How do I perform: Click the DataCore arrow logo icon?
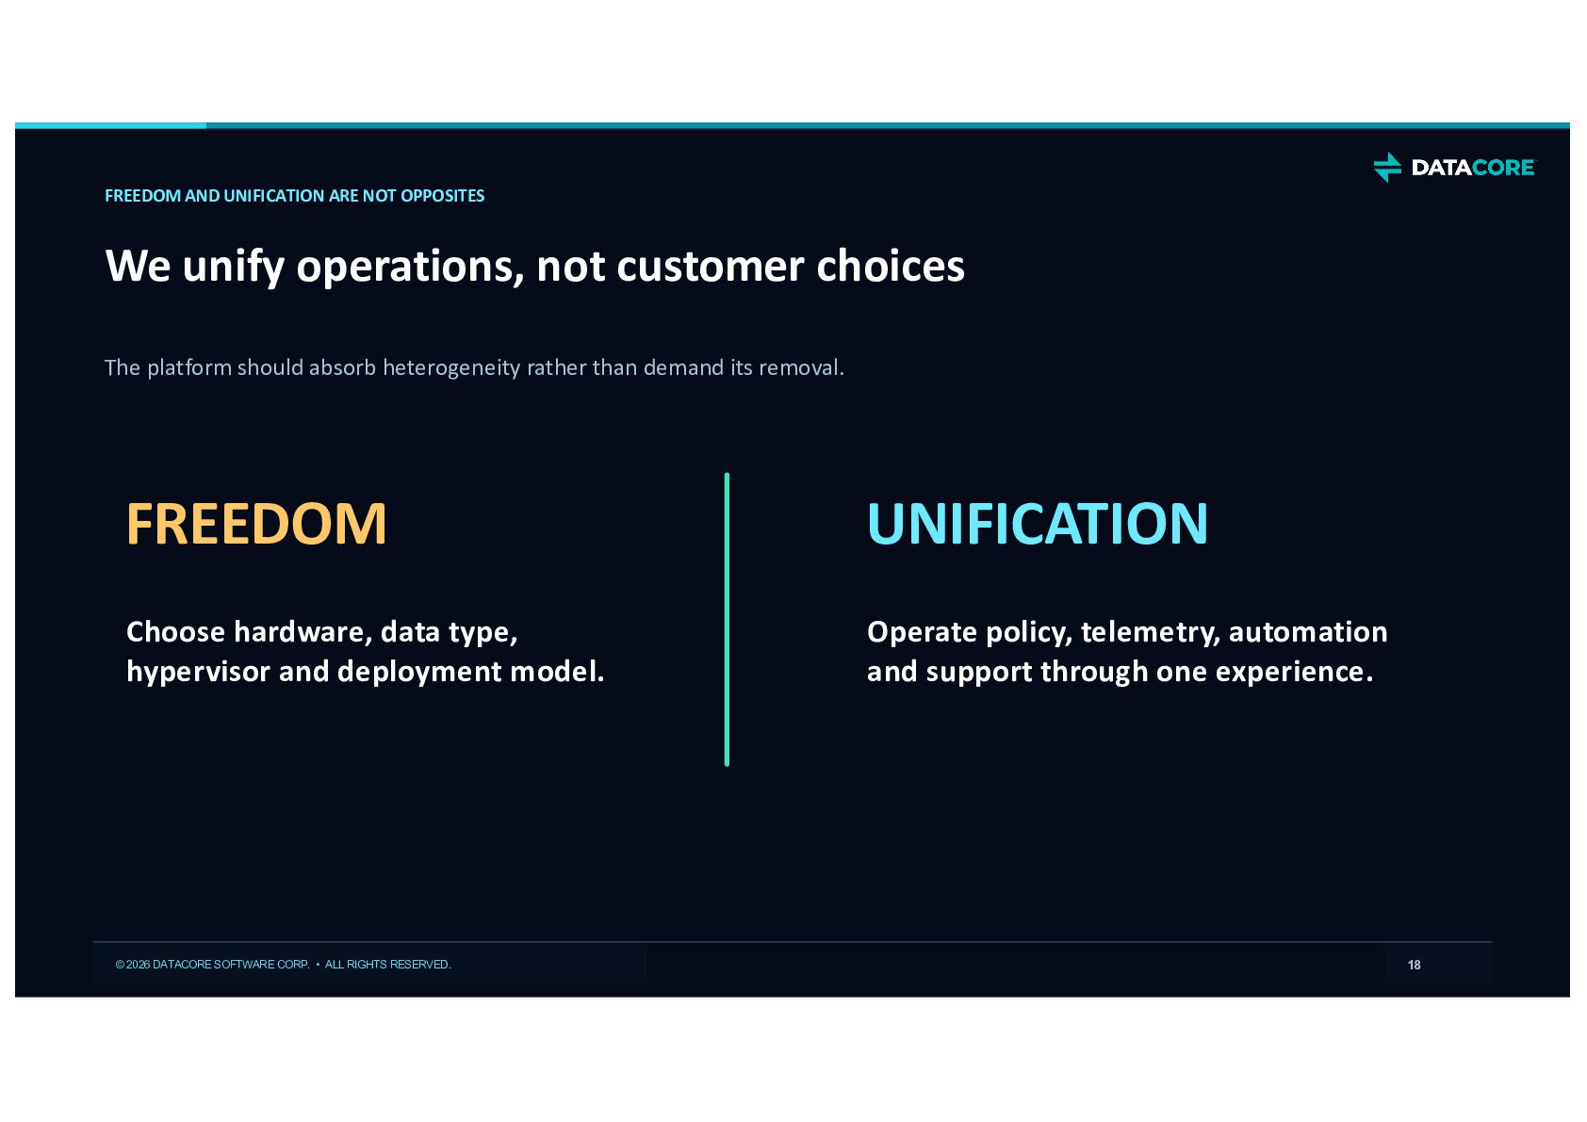pos(1387,167)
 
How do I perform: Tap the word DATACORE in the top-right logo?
pos(1473,168)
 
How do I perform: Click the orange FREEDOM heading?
pos(256,524)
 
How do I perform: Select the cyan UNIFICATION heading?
pos(1038,524)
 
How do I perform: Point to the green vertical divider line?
pos(727,619)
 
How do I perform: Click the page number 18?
pos(1415,965)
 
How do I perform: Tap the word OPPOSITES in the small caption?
pos(443,196)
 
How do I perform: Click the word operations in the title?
pos(411,267)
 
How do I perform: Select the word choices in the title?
pos(891,267)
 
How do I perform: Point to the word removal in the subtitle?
pos(801,367)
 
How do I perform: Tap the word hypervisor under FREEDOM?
pos(198,673)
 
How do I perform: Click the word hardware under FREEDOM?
pos(303,632)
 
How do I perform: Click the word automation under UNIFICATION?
pos(1308,632)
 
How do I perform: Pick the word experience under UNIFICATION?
pos(1295,673)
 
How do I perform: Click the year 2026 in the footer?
pos(139,965)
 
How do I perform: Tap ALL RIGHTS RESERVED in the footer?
pos(387,965)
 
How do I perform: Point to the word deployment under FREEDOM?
pos(419,673)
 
